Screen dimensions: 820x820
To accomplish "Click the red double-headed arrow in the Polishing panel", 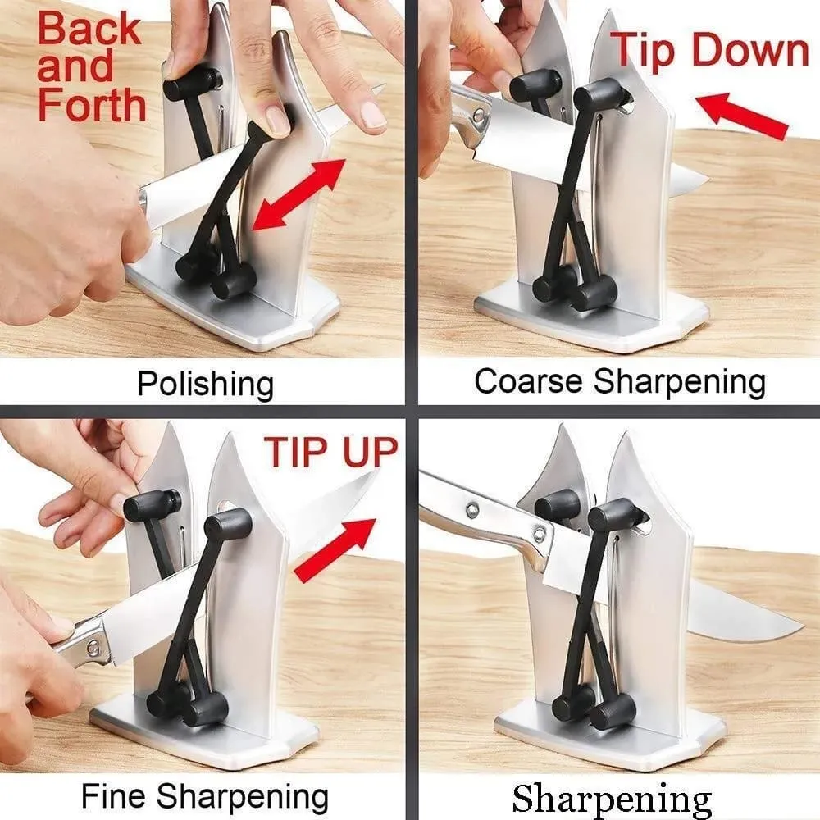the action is pyautogui.click(x=298, y=194).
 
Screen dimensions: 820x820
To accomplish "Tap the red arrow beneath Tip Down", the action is pyautogui.click(x=741, y=116).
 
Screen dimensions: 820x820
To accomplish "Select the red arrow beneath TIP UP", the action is pyautogui.click(x=335, y=550).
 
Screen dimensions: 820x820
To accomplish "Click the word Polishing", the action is pyautogui.click(x=206, y=385).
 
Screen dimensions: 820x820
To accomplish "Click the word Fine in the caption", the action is pyautogui.click(x=113, y=795).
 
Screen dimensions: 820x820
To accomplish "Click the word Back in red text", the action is pyautogui.click(x=89, y=29).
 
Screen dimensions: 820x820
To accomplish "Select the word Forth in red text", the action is pyautogui.click(x=92, y=105).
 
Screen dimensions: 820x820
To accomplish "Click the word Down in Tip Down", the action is pyautogui.click(x=750, y=50).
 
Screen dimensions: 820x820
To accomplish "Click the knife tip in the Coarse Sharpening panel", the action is pyautogui.click(x=708, y=182).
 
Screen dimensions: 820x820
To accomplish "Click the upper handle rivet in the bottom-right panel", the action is pyautogui.click(x=473, y=509).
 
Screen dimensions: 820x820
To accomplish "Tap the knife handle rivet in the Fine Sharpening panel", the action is pyautogui.click(x=92, y=649).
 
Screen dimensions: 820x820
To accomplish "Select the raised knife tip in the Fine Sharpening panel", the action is pyautogui.click(x=376, y=473).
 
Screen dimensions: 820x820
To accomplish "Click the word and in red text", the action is pyautogui.click(x=75, y=66).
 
